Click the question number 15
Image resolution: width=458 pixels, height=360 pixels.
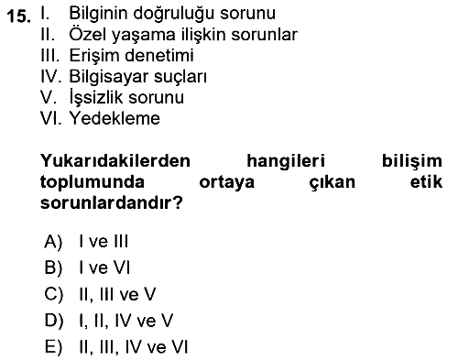[19, 16]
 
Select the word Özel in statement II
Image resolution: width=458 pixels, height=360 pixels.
[87, 34]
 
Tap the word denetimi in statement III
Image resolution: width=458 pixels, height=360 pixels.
[159, 55]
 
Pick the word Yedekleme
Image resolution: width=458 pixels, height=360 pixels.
[114, 118]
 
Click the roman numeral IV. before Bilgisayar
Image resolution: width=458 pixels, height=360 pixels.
[51, 76]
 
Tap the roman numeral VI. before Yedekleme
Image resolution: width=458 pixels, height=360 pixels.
[51, 118]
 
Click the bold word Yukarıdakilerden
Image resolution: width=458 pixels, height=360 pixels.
[115, 160]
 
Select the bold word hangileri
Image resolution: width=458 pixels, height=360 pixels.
[286, 162]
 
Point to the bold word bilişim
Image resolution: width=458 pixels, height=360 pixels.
[412, 161]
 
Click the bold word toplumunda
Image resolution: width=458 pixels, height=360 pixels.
[93, 183]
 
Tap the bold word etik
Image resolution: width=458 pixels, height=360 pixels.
[426, 181]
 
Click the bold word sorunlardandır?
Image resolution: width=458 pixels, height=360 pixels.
[112, 202]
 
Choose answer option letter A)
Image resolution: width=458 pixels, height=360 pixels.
[53, 242]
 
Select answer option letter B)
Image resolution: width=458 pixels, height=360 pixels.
[53, 268]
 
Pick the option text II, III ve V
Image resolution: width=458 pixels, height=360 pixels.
[117, 295]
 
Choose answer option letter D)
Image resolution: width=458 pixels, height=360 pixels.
[54, 321]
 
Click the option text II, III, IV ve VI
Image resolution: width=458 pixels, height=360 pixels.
[134, 347]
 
